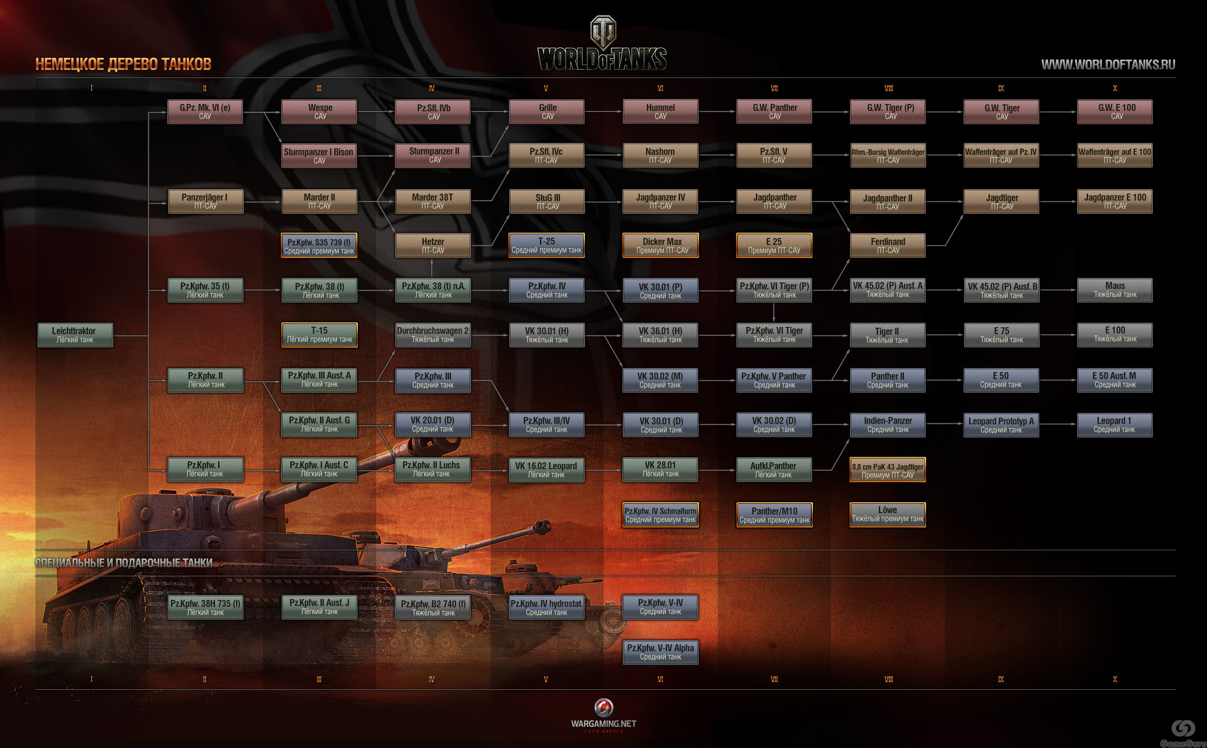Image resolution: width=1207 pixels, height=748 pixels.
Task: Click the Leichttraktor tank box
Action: (x=75, y=335)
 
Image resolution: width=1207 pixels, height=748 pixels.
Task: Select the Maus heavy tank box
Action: (x=1115, y=290)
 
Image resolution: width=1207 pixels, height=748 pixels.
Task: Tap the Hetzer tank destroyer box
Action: (x=432, y=245)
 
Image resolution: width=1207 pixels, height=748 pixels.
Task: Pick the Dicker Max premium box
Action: (x=660, y=245)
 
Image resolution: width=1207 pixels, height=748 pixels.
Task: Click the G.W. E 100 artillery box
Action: (x=1115, y=111)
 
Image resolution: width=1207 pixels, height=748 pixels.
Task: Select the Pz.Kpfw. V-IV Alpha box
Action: (x=660, y=652)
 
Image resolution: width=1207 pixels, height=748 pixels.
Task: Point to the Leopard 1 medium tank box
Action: (x=1115, y=425)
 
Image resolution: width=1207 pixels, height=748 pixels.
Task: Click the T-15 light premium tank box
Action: (x=319, y=335)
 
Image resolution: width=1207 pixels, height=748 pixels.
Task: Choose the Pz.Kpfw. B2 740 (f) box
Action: (x=432, y=607)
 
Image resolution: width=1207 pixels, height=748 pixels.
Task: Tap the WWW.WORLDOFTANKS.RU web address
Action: (x=1108, y=64)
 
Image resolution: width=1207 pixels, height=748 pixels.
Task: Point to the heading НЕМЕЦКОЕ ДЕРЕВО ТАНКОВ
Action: (x=123, y=64)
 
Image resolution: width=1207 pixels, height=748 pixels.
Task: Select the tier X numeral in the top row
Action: (x=1115, y=88)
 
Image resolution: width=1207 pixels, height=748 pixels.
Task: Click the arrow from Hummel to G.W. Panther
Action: (x=717, y=112)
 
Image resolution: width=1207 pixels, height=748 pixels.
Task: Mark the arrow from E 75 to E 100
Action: (x=1058, y=335)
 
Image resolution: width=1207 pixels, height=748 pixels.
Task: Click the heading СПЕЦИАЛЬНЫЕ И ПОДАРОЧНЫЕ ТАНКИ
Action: (x=123, y=562)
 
